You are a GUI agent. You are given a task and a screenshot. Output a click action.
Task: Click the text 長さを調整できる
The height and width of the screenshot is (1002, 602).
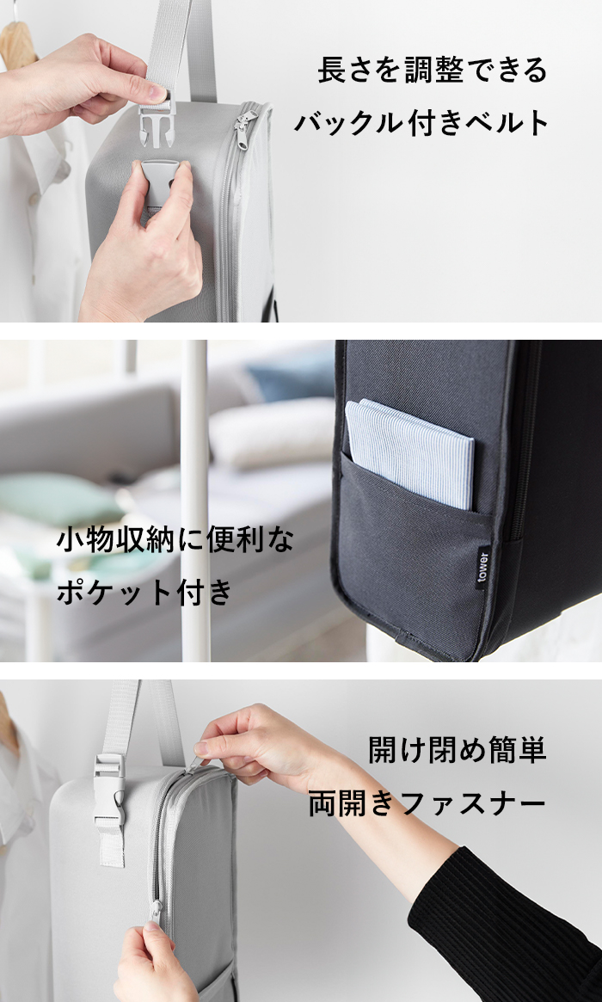pyautogui.click(x=433, y=70)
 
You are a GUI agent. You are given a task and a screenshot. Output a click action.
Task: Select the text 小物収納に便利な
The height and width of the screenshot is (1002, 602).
pyautogui.click(x=175, y=540)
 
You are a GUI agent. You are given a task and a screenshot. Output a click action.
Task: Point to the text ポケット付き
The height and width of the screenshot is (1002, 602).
pyautogui.click(x=145, y=591)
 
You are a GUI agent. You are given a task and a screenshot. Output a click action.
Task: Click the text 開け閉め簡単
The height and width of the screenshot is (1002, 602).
pyautogui.click(x=457, y=750)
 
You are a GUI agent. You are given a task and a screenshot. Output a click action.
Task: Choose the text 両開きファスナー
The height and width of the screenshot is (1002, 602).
pyautogui.click(x=427, y=803)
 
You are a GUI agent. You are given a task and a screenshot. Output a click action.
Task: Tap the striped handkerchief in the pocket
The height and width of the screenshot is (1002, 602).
pyautogui.click(x=409, y=453)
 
